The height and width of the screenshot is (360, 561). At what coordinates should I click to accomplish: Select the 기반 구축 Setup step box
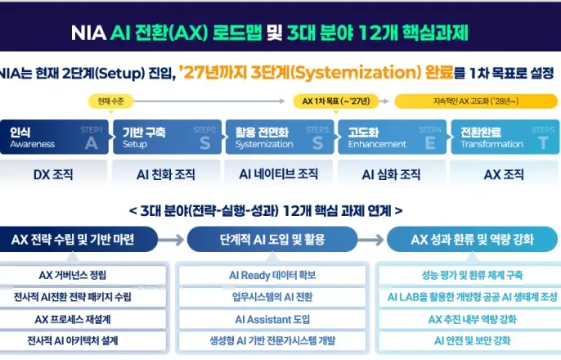click(167, 137)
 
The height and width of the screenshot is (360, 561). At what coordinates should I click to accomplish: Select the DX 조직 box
click(53, 174)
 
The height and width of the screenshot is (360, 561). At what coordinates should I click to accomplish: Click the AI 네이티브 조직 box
click(279, 174)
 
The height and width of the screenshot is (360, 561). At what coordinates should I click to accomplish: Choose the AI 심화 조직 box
click(391, 174)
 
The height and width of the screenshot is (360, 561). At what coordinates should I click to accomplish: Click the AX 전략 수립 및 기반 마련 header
click(79, 240)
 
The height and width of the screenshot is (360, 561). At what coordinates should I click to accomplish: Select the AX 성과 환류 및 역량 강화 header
click(473, 240)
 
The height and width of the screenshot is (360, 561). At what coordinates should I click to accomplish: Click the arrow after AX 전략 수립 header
click(172, 240)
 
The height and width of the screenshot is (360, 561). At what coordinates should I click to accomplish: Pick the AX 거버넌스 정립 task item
click(79, 275)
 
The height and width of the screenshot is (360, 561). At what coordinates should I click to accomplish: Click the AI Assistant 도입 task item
click(273, 319)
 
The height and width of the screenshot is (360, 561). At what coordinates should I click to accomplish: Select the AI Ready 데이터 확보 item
click(273, 275)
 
